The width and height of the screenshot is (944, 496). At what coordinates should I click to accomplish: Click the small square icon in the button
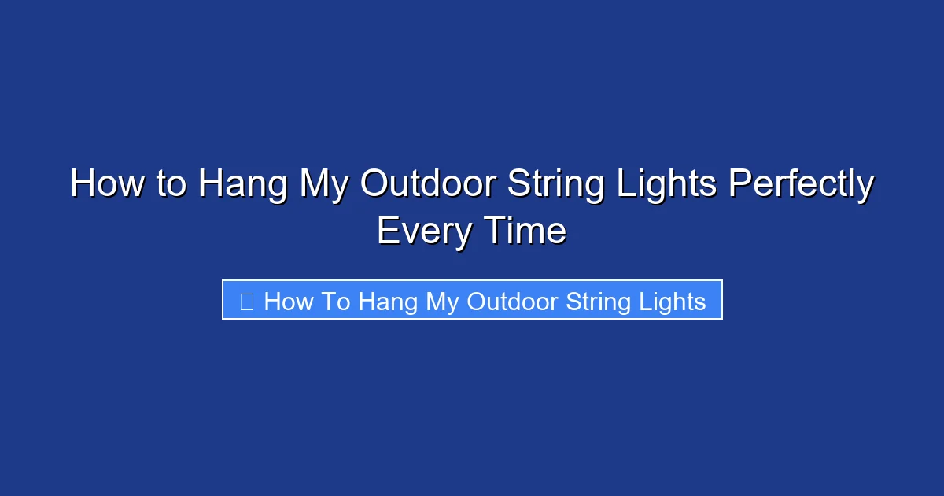(x=246, y=301)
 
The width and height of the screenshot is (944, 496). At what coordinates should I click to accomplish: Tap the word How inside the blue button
(x=289, y=301)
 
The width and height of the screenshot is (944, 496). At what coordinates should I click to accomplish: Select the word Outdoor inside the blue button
(x=514, y=301)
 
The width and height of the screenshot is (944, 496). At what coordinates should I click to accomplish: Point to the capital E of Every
(x=386, y=231)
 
